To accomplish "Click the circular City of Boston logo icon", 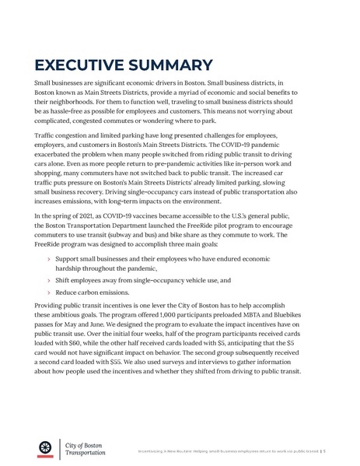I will tap(46, 447).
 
